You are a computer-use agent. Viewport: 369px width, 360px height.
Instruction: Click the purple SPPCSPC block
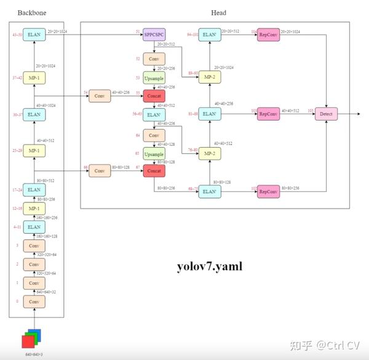point(153,35)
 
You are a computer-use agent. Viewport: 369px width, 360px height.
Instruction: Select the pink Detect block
point(326,114)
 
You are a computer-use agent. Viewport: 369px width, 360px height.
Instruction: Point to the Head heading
point(218,13)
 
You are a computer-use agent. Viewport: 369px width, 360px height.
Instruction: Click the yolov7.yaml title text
point(210,266)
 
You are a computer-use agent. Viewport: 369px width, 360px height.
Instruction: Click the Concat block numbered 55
point(153,97)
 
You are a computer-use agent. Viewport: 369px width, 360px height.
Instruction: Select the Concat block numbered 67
point(153,170)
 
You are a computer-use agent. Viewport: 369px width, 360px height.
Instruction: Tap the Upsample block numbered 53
point(153,78)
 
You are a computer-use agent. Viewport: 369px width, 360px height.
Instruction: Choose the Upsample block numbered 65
point(153,153)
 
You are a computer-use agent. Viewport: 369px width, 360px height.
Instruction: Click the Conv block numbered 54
point(100,97)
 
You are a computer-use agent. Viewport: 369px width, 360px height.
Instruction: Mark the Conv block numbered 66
point(100,170)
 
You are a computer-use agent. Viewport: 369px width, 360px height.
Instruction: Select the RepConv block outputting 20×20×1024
point(268,35)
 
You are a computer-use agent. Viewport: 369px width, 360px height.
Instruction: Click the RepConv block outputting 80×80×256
point(268,192)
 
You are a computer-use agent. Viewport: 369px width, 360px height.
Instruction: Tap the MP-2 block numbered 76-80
point(210,153)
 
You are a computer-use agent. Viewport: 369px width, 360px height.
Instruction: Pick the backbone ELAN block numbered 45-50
point(34,35)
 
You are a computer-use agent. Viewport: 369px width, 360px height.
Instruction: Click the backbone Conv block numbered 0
point(34,302)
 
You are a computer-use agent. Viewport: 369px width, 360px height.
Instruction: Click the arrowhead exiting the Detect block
point(358,114)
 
